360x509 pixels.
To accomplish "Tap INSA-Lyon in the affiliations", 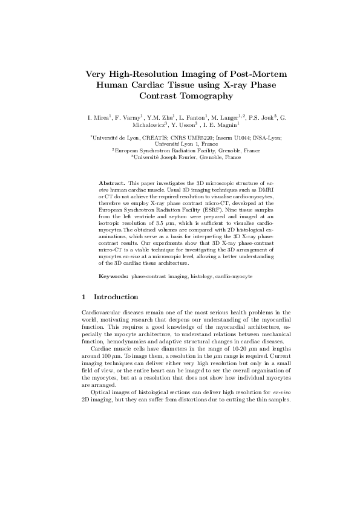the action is (x=255, y=138).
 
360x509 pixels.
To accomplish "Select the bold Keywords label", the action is (x=113, y=275).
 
